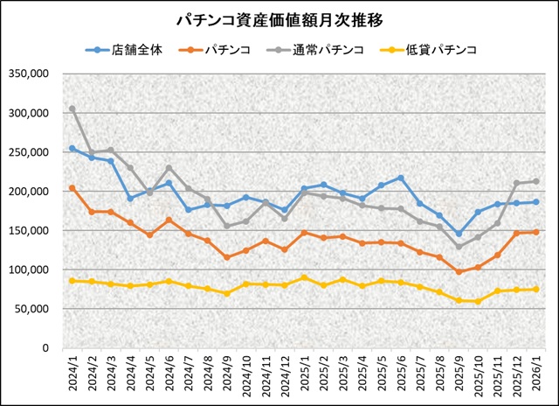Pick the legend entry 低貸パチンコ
pyautogui.click(x=441, y=50)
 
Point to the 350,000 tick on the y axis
pyautogui.click(x=29, y=73)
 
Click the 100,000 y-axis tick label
pyautogui.click(x=29, y=269)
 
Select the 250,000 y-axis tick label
pyautogui.click(x=29, y=152)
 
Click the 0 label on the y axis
pyautogui.click(x=45, y=348)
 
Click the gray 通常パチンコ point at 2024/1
pyautogui.click(x=72, y=109)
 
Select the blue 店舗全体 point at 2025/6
pyautogui.click(x=400, y=178)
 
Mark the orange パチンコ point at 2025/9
pyautogui.click(x=459, y=272)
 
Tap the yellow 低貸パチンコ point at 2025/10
pyautogui.click(x=478, y=301)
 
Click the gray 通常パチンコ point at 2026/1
pyautogui.click(x=535, y=181)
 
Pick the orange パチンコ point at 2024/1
pyautogui.click(x=72, y=188)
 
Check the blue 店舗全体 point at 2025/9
pyautogui.click(x=459, y=234)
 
